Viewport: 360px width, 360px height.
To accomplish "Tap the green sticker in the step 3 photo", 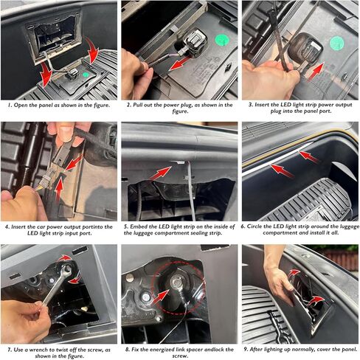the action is pyautogui.click(x=337, y=44).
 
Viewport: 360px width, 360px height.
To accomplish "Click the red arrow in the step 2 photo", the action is pyautogui.click(x=180, y=63).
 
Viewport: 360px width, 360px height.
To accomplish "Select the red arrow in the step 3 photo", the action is pyautogui.click(x=316, y=71).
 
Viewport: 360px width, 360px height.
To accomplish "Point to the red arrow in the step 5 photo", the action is pyautogui.click(x=160, y=173).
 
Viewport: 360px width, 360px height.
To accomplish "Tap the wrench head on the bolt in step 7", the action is pyautogui.click(x=66, y=270).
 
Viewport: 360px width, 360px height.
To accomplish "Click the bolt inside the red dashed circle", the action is pyautogui.click(x=176, y=283).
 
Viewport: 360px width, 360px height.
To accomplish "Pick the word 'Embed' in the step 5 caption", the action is pyautogui.click(x=139, y=226).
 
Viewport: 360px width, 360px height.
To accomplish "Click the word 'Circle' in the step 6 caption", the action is pyautogui.click(x=255, y=226).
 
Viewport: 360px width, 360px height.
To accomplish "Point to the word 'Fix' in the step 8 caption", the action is pyautogui.click(x=135, y=349).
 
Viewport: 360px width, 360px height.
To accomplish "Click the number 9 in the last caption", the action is pyautogui.click(x=246, y=349).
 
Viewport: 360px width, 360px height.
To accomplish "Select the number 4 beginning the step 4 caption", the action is pyautogui.click(x=7, y=226).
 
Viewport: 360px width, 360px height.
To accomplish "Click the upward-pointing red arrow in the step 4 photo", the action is pyautogui.click(x=59, y=189).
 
